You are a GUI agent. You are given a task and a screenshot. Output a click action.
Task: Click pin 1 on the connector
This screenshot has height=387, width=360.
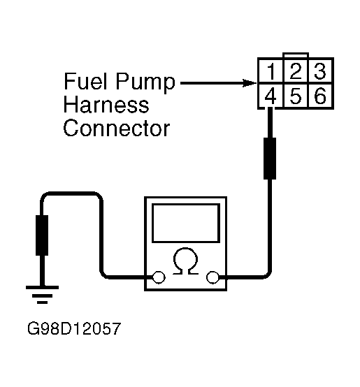[271, 71]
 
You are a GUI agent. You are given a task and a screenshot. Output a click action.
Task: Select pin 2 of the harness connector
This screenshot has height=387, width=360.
[296, 71]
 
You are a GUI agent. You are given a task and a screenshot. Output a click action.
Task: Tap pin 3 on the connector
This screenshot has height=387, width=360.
[320, 71]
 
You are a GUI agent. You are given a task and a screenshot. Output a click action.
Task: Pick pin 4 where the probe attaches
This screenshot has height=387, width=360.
[271, 96]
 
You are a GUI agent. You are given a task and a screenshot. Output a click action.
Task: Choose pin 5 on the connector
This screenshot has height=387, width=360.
[296, 96]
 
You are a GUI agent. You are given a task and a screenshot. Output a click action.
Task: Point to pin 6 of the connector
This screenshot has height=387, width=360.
[320, 96]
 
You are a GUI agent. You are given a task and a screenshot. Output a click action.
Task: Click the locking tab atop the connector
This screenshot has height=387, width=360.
[296, 54]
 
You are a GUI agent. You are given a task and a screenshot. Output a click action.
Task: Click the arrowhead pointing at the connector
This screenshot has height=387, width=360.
[250, 83]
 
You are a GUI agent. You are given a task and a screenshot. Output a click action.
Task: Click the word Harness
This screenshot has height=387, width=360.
[106, 105]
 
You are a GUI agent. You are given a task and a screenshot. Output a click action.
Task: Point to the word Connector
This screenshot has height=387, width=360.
[117, 129]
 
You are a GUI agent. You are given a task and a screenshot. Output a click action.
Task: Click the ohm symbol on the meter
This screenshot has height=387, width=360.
[186, 261]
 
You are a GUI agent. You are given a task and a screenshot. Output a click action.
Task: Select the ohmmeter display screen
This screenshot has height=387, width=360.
[186, 223]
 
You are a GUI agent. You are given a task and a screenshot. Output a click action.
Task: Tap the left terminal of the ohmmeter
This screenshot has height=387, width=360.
[159, 277]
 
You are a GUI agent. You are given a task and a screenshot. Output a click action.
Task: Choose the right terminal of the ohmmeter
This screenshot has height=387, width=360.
[213, 277]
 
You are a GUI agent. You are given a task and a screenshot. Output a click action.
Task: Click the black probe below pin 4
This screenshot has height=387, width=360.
[270, 159]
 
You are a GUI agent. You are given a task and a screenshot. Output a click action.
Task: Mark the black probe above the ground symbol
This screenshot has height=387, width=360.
[42, 235]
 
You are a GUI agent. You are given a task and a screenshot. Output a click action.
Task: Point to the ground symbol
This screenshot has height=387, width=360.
[42, 295]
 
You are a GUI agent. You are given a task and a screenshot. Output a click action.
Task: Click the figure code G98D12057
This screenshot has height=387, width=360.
[74, 328]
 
